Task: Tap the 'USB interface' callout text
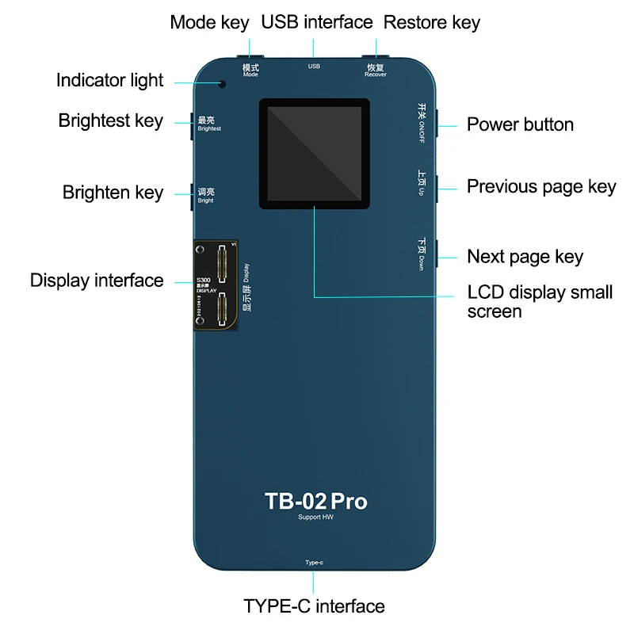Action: point(316,22)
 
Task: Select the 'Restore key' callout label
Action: point(432,22)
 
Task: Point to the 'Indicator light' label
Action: point(109,80)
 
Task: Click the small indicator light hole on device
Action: point(223,83)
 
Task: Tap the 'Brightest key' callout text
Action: point(110,120)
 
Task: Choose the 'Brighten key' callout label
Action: point(113,193)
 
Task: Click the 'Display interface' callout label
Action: point(97,280)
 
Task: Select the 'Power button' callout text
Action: point(520,124)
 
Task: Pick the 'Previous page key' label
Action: point(541,186)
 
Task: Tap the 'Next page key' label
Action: point(525,256)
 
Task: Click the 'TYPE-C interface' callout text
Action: point(314,606)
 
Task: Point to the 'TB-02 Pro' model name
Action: point(315,501)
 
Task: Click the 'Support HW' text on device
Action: point(315,518)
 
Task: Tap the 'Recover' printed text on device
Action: point(376,74)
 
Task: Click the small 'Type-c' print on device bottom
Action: point(314,563)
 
